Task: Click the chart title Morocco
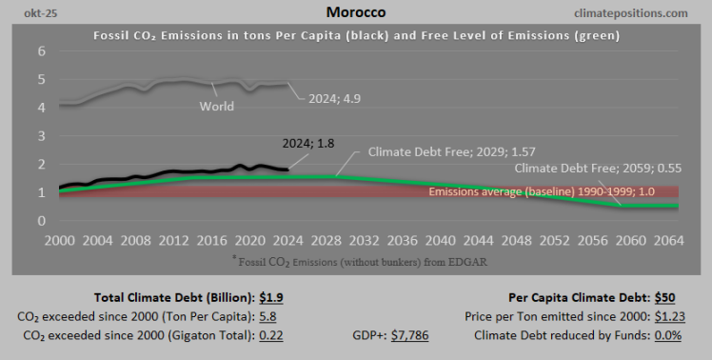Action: coord(355,13)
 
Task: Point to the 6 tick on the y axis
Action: coord(42,51)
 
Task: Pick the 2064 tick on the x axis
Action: coord(667,240)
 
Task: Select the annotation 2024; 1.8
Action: coord(308,144)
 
